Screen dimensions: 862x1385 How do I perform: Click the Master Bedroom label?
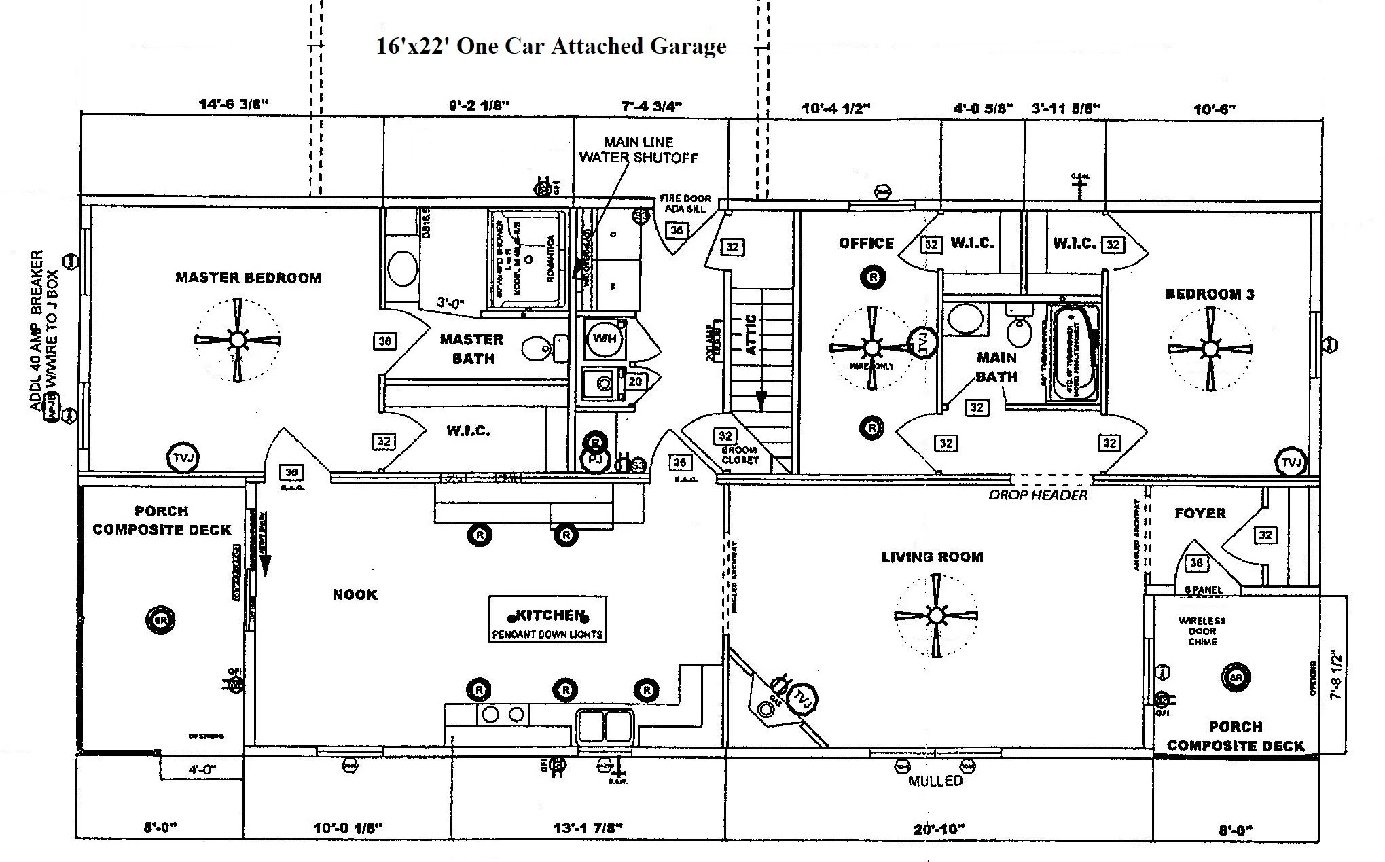(248, 278)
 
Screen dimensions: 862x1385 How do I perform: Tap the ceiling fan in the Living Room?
(937, 616)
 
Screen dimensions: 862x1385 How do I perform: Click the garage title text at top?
(551, 46)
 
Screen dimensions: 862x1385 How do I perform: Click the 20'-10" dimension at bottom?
(939, 829)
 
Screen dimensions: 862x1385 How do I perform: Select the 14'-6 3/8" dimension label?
(234, 105)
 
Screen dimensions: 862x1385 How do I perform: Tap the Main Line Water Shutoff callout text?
(638, 150)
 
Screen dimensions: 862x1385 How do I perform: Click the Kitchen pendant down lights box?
(547, 619)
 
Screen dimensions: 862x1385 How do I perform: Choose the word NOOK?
(355, 595)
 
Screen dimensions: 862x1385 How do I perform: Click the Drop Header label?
(1037, 495)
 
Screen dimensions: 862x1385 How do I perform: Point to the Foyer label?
(1200, 514)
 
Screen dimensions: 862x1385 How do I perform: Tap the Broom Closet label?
(739, 455)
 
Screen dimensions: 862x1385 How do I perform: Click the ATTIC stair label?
(751, 334)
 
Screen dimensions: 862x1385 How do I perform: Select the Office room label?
(866, 243)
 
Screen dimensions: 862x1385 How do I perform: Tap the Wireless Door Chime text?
(1202, 631)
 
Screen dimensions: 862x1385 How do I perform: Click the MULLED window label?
(935, 781)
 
